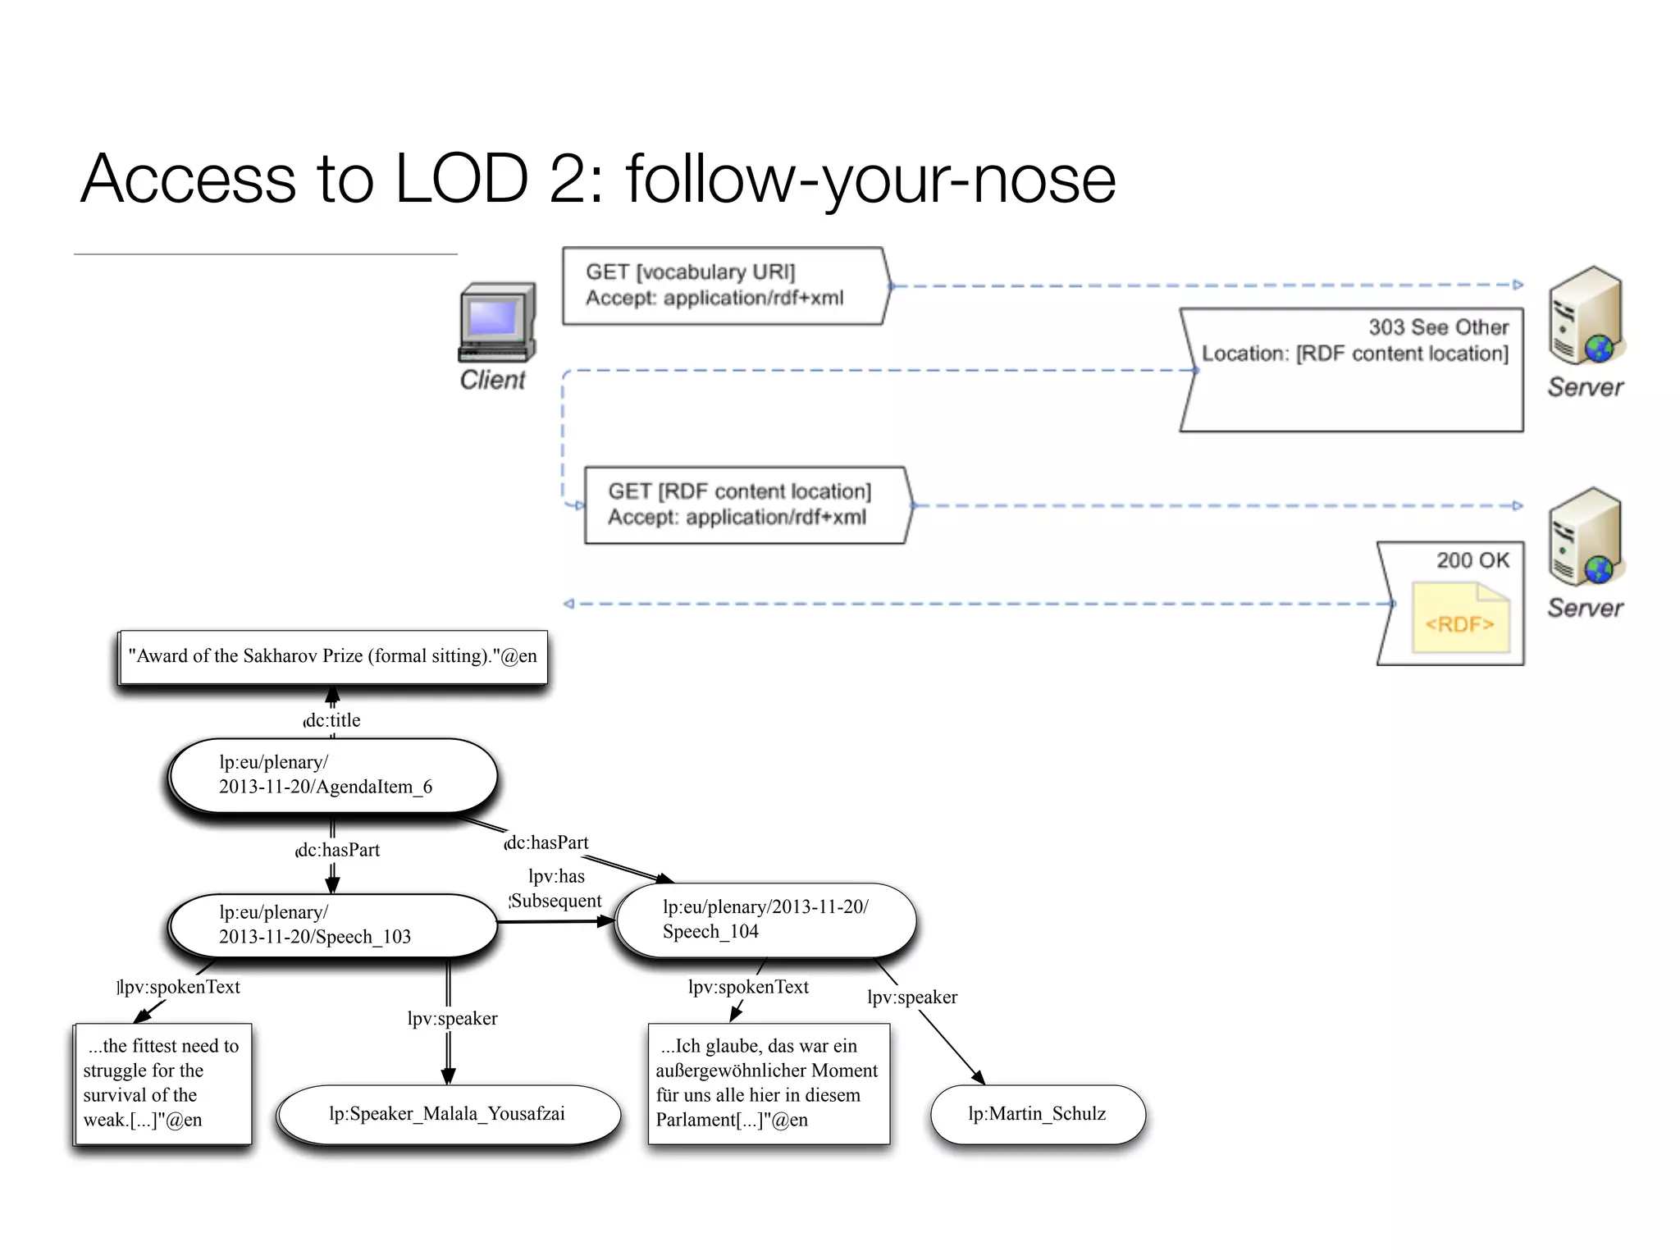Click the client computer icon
pyautogui.click(x=497, y=322)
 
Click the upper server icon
pyautogui.click(x=1586, y=317)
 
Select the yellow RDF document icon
pyautogui.click(x=1460, y=618)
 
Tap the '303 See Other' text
pyautogui.click(x=1438, y=327)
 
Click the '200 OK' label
pyautogui.click(x=1472, y=560)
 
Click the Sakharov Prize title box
pyautogui.click(x=333, y=656)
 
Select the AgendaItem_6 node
pyautogui.click(x=332, y=775)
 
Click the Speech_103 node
pyautogui.click(x=332, y=925)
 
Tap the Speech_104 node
pyautogui.click(x=765, y=920)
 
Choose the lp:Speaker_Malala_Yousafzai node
pyautogui.click(x=448, y=1114)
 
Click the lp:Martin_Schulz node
pyautogui.click(x=1037, y=1114)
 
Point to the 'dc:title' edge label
pyautogui.click(x=332, y=720)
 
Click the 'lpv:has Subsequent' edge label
pyautogui.click(x=556, y=888)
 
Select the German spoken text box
pyautogui.click(x=768, y=1083)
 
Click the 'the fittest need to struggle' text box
pyautogui.click(x=162, y=1083)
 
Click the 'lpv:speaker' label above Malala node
pyautogui.click(x=452, y=1019)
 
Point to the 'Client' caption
pyautogui.click(x=492, y=380)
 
